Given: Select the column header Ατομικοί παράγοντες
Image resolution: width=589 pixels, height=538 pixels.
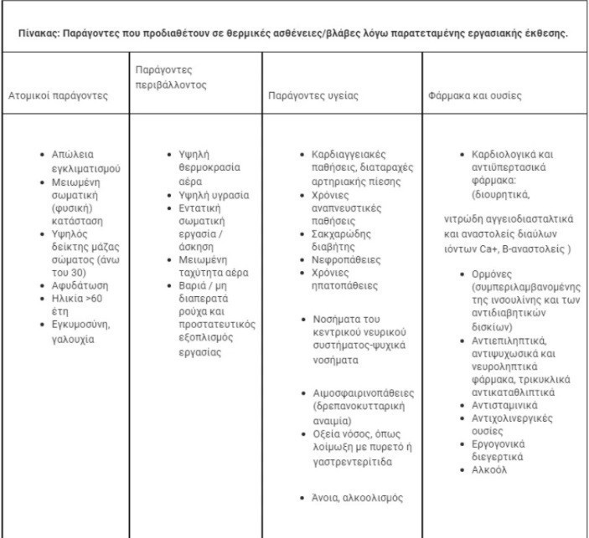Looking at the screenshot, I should [59, 95].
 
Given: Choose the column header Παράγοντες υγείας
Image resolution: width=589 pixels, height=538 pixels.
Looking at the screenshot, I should [313, 95].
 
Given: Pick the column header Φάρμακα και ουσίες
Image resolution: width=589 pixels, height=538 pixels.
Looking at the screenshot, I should [473, 95].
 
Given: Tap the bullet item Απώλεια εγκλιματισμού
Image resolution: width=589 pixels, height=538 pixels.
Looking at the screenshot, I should [80, 161].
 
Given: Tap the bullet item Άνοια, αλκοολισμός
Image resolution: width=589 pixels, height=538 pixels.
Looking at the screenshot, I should [353, 498].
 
